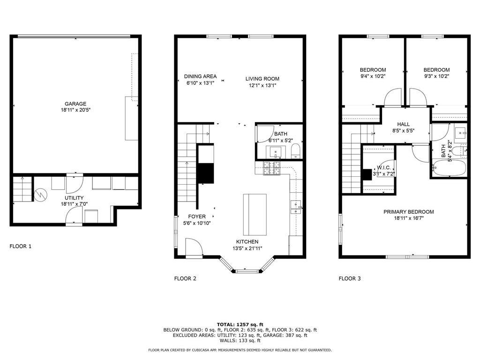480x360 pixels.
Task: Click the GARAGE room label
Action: click(x=75, y=104)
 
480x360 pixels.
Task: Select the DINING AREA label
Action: click(x=200, y=76)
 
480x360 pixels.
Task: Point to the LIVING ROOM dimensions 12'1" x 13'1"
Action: click(x=262, y=85)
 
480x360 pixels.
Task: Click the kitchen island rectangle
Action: click(x=255, y=214)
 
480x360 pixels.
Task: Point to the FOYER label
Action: click(x=197, y=217)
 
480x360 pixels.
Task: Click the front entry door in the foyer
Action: click(x=195, y=247)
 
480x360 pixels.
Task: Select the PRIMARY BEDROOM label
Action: click(x=408, y=212)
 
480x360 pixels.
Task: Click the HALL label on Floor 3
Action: click(x=404, y=124)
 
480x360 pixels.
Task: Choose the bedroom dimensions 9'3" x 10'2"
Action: click(x=436, y=76)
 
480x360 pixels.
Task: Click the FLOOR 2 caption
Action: click(x=185, y=278)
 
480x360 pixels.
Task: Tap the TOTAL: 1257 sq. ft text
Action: click(x=240, y=324)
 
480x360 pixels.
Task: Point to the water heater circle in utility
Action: click(x=40, y=194)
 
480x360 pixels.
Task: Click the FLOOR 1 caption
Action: click(x=21, y=246)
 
